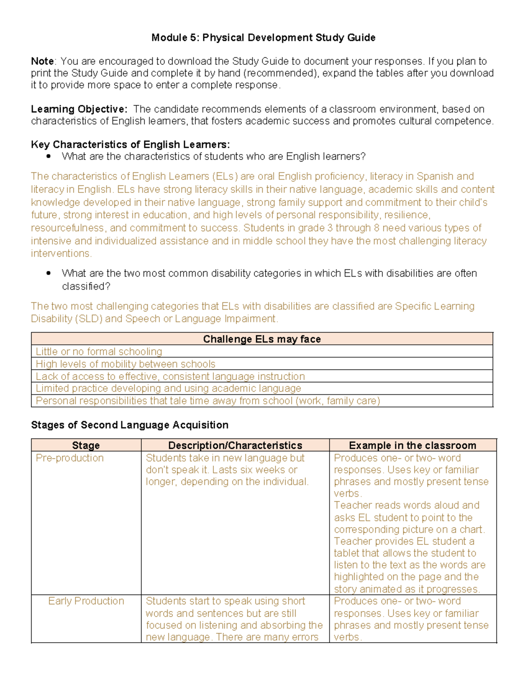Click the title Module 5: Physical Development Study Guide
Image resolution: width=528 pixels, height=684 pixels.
263,38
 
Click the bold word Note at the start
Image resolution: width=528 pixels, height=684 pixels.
42,61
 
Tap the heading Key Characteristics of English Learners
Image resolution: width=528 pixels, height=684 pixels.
130,144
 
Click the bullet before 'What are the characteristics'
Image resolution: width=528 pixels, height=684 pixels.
48,156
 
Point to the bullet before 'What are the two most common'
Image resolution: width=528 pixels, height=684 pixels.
48,273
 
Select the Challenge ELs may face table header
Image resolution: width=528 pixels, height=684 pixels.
262,339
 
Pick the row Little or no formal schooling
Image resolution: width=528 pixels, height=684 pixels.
99,351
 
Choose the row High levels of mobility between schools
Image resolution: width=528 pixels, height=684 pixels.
125,364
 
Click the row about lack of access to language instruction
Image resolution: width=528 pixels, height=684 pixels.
170,377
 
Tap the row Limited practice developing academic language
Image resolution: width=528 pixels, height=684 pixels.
169,388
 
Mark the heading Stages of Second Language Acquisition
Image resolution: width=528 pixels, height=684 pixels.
130,425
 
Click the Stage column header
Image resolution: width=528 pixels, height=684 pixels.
86,445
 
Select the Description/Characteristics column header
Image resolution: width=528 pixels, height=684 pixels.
235,445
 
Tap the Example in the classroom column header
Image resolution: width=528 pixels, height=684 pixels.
412,445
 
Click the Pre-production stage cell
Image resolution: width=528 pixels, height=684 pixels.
70,458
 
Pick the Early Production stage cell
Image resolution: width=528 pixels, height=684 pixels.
86,601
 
